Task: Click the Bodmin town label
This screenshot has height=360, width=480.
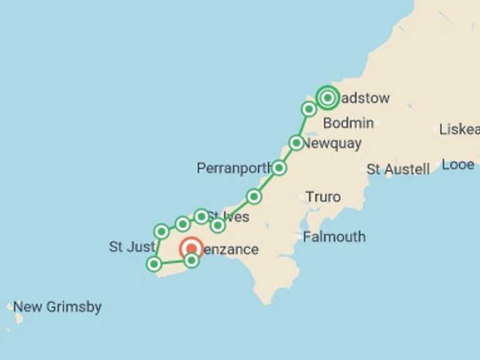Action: (348, 122)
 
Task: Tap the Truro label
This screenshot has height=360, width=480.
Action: (323, 197)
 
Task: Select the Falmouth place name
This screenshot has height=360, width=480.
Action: (334, 237)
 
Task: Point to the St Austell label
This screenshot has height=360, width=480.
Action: (398, 169)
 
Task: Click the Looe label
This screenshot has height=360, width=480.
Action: (457, 165)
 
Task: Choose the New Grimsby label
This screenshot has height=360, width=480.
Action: (57, 307)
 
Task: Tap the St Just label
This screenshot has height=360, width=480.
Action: (131, 247)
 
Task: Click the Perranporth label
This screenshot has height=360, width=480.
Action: (234, 168)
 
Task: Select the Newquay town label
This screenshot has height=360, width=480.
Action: (332, 143)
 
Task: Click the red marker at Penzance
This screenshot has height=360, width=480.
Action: (191, 249)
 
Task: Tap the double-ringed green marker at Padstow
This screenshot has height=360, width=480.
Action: (327, 97)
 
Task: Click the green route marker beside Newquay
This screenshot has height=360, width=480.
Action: (296, 143)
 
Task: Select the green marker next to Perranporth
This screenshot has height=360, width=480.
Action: (279, 167)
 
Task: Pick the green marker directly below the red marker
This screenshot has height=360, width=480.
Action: (191, 261)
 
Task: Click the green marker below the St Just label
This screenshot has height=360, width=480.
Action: (154, 264)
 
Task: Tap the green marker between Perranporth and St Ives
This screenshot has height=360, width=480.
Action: (253, 197)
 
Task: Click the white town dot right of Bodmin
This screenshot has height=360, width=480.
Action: (377, 123)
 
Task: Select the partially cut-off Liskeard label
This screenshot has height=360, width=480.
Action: (459, 129)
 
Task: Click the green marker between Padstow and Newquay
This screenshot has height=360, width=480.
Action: (309, 109)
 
